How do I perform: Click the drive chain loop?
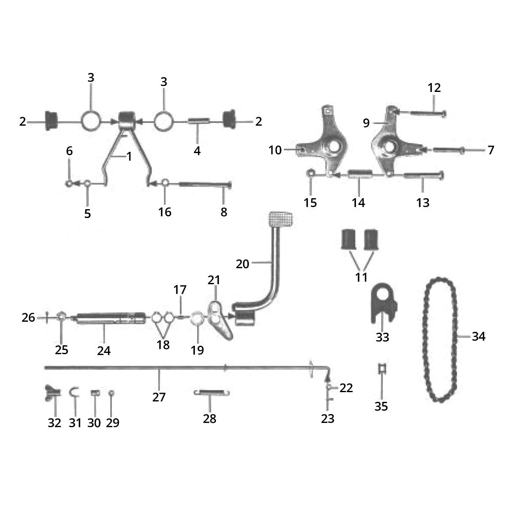[440, 340]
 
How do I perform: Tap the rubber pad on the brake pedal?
[280, 219]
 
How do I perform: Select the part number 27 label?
[159, 397]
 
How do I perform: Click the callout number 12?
[434, 88]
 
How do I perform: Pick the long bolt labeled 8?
[205, 184]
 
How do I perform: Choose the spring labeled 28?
[212, 392]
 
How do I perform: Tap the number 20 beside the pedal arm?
[242, 264]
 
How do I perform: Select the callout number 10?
[275, 150]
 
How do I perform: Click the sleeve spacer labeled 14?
[360, 174]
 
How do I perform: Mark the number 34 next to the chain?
[479, 336]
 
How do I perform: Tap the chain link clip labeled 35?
[382, 369]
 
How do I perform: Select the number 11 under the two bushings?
[361, 277]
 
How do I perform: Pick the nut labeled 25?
[61, 317]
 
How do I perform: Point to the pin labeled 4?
[199, 121]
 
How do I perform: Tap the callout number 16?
[164, 212]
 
